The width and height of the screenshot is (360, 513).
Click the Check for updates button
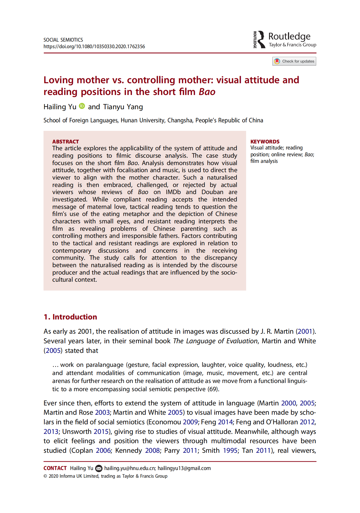click(x=294, y=61)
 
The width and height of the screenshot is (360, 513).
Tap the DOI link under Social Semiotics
click(x=94, y=47)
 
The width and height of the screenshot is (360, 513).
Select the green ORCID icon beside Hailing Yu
click(x=82, y=106)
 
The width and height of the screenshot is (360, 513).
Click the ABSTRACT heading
click(x=65, y=142)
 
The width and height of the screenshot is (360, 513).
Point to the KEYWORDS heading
click(x=265, y=142)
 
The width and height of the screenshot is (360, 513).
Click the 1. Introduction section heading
click(x=70, y=317)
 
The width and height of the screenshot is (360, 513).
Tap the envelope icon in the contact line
click(x=99, y=468)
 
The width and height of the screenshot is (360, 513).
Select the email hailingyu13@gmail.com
click(x=184, y=468)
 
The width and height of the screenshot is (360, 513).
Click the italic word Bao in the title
click(x=207, y=92)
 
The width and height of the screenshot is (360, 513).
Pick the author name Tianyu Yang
click(x=123, y=107)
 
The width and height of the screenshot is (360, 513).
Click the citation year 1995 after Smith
click(x=230, y=451)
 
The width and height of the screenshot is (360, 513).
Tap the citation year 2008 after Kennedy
click(x=152, y=451)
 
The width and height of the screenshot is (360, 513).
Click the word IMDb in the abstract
click(x=173, y=192)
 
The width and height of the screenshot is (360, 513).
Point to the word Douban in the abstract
click(x=212, y=192)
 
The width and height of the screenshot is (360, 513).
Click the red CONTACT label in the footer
click(x=55, y=468)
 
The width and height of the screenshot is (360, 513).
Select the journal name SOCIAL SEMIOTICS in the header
click(x=63, y=40)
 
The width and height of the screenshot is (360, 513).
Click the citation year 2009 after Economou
click(x=190, y=422)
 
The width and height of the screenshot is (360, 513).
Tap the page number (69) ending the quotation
click(x=213, y=389)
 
